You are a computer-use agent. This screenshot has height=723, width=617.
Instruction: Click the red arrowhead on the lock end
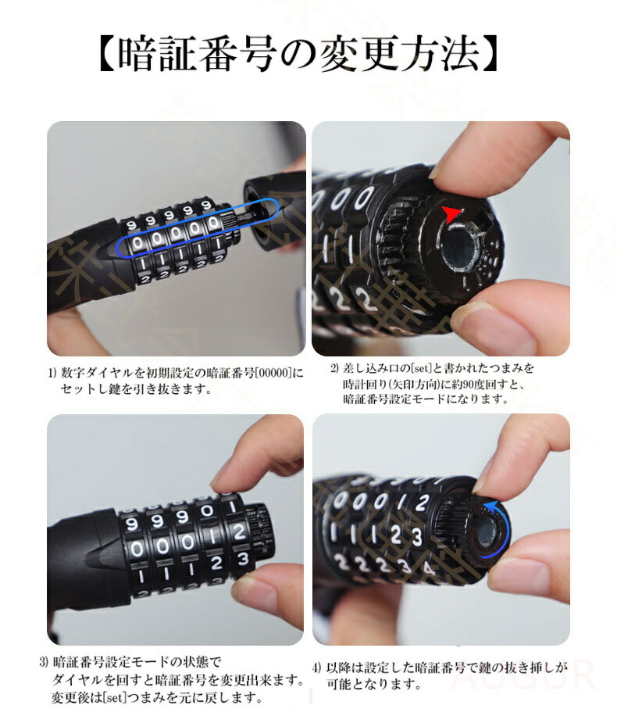pyautogui.click(x=451, y=214)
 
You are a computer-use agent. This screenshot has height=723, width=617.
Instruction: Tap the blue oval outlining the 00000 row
pyautogui.click(x=198, y=228)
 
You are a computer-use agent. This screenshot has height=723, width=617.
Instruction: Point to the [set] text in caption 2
pyautogui.click(x=421, y=368)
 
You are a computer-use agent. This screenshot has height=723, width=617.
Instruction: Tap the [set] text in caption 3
pyautogui.click(x=115, y=696)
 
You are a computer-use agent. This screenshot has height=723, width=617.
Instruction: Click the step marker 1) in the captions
pyautogui.click(x=52, y=373)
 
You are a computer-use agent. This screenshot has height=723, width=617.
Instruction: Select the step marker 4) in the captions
pyautogui.click(x=316, y=668)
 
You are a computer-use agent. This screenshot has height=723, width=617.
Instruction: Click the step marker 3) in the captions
pyautogui.click(x=44, y=663)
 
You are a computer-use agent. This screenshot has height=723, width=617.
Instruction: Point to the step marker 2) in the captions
pyautogui.click(x=334, y=368)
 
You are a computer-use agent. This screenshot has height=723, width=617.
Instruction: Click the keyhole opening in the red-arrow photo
pyautogui.click(x=458, y=250)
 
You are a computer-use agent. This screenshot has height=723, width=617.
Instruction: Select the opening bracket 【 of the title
pyautogui.click(x=107, y=55)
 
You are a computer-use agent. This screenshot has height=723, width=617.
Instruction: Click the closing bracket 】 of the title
pyautogui.click(x=490, y=55)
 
